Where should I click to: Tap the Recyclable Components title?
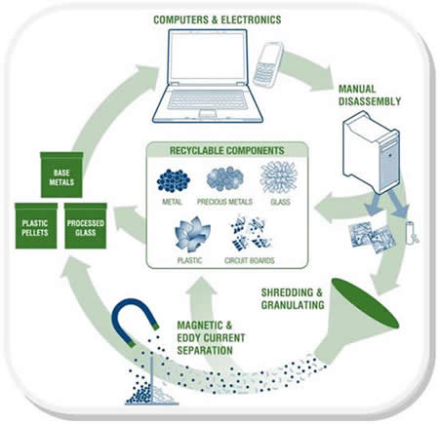pos(227,153)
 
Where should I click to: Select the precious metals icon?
pos(227,180)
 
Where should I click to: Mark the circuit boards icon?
pos(252,234)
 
